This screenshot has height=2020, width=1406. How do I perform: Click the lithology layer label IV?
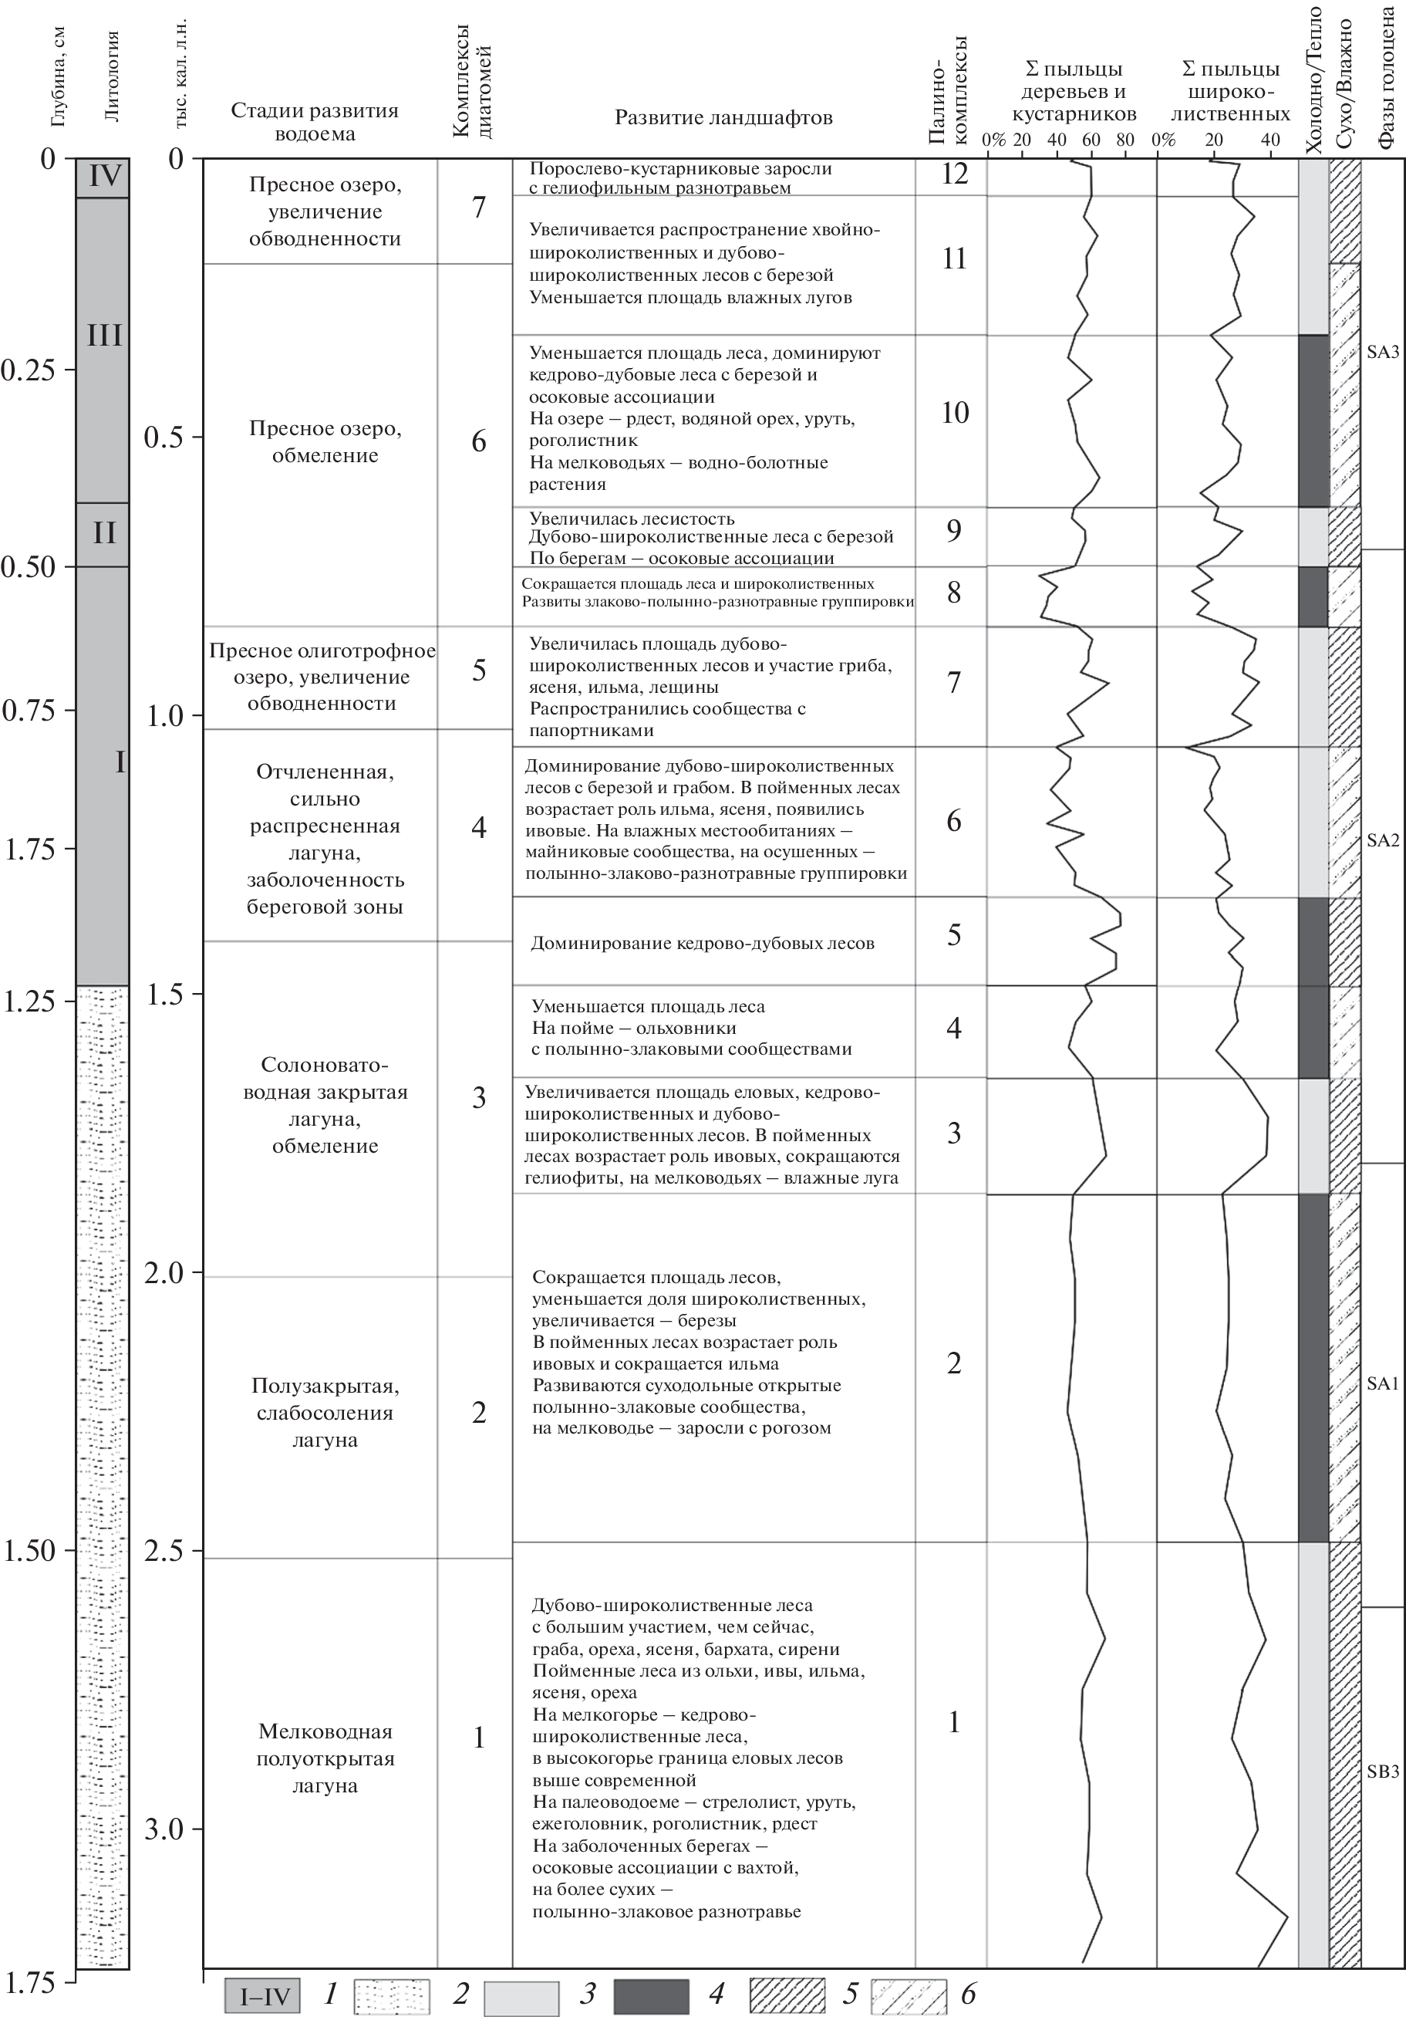pos(104,177)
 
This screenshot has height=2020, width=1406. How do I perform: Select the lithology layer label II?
pos(104,533)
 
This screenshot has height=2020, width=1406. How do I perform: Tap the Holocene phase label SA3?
pos(1382,353)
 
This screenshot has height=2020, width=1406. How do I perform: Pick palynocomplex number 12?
pos(954,174)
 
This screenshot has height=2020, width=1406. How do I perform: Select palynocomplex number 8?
pos(954,594)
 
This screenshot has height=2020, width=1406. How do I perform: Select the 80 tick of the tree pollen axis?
pos(1124,140)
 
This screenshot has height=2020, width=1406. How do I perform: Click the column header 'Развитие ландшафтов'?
pos(723,118)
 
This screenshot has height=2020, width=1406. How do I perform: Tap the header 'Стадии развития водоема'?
pos(315,122)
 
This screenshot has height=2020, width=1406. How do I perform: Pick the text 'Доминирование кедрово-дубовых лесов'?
pos(703,944)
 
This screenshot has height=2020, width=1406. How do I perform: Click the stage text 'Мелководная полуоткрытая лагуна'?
pos(325,1758)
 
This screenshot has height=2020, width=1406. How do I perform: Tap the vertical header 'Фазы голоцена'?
pos(1387,77)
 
